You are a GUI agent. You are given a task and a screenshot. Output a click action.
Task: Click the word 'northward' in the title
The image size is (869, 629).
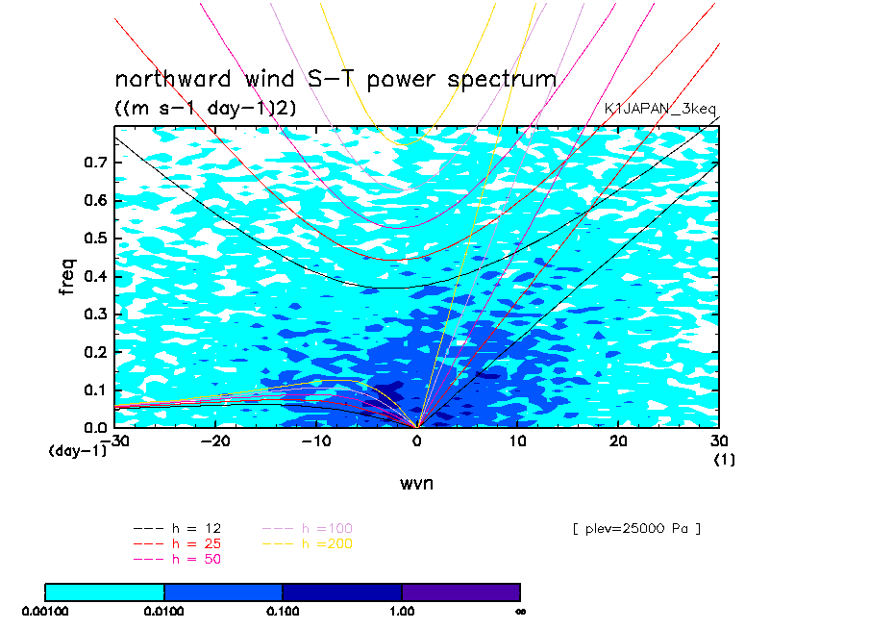pos(172,79)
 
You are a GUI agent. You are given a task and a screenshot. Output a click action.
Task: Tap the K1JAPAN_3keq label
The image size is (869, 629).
pos(659,109)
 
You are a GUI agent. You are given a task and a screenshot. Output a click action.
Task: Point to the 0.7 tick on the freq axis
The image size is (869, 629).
pos(95,163)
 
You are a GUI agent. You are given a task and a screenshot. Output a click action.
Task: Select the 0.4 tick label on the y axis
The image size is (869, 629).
pos(95,276)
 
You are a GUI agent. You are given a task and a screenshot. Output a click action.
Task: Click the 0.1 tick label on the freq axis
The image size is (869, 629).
pos(95,390)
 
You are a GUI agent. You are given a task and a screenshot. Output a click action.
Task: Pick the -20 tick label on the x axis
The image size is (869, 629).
pos(214,441)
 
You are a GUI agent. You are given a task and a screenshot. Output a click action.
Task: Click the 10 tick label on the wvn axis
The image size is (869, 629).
pos(517,441)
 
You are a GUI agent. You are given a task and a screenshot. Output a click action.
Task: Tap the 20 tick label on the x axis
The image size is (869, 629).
pos(618,441)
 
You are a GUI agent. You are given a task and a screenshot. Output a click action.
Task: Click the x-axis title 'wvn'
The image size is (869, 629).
pos(416,484)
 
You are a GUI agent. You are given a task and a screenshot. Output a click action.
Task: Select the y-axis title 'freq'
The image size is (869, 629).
pos(67,276)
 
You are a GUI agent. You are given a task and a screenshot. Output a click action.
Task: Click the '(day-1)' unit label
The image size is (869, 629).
pos(78,451)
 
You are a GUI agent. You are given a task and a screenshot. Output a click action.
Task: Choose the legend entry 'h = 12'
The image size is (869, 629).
pos(177,529)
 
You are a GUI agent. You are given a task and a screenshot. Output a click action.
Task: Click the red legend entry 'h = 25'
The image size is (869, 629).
pos(177,544)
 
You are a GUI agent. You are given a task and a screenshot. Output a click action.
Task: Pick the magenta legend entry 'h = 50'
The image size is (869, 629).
pos(177,559)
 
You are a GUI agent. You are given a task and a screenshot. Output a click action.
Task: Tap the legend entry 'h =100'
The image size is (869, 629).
pos(308,529)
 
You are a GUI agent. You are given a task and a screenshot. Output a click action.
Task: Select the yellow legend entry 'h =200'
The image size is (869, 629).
pos(308,544)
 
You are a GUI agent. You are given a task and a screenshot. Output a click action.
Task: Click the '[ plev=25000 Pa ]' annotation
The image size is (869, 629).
pos(636,529)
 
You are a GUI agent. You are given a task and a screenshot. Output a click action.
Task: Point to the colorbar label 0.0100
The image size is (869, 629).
pos(163,612)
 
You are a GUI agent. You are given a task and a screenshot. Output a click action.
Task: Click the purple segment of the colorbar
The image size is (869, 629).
pos(461,592)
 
